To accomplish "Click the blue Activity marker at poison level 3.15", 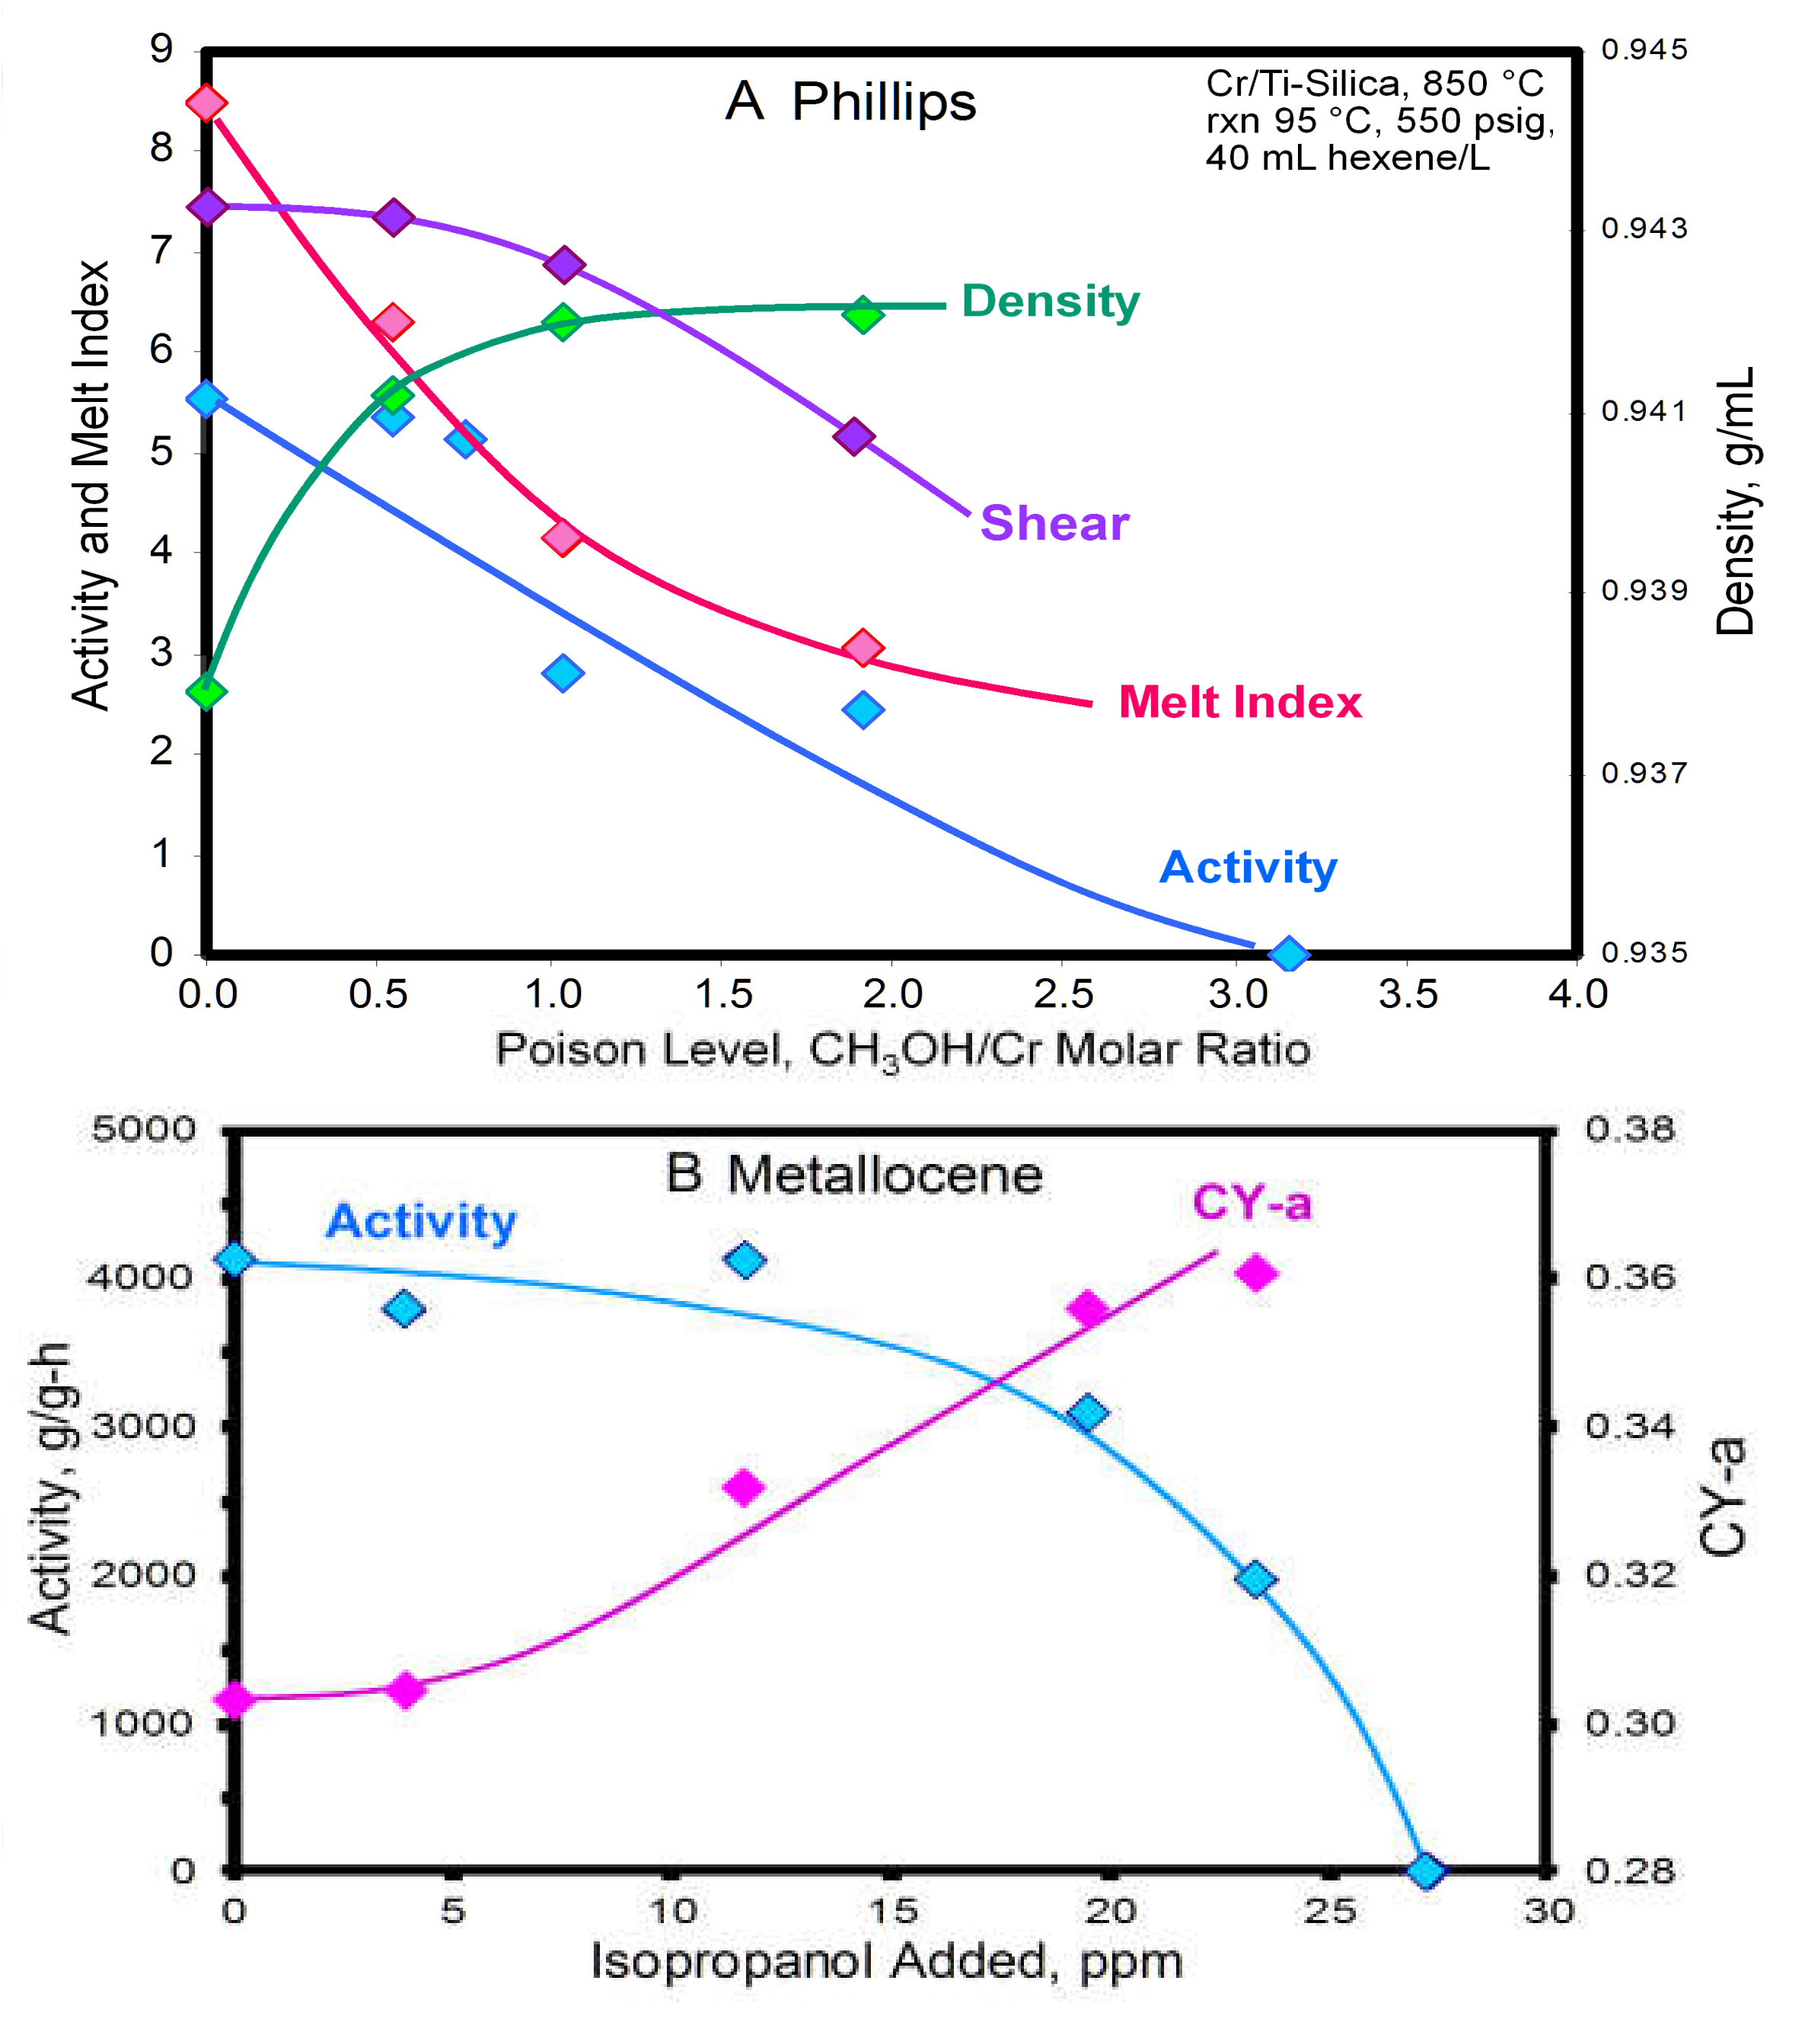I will [1287, 954].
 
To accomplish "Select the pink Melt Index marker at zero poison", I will [206, 102].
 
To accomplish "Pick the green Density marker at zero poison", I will [206, 691].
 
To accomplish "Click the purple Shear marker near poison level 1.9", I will [853, 436].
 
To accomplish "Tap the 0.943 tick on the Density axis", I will [1644, 229].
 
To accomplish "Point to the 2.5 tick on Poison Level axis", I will [1064, 993].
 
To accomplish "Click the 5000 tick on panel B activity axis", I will [144, 1130].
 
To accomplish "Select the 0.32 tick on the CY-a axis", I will [1629, 1575].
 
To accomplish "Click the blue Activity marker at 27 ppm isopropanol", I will [1425, 1871].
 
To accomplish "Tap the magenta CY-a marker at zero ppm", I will [235, 1700].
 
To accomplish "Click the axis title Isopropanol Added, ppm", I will [887, 1962].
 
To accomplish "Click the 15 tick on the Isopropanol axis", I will [891, 1910].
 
